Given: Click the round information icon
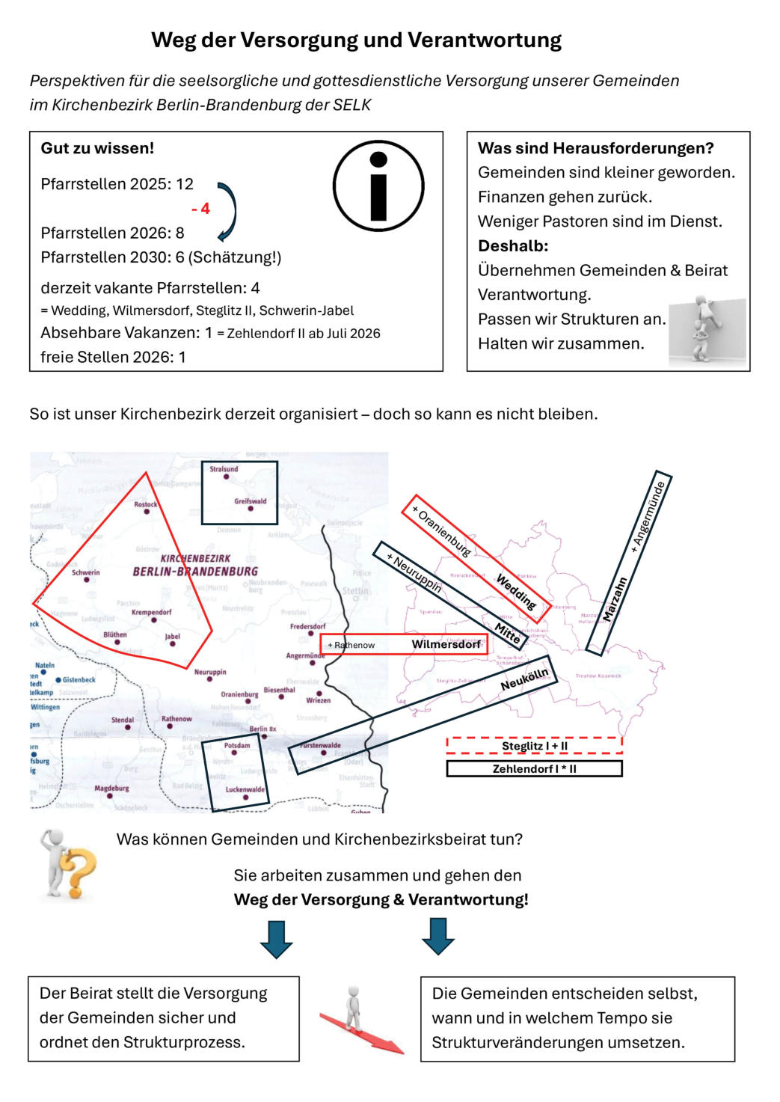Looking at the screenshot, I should click(378, 186).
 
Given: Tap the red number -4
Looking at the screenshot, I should click(200, 209).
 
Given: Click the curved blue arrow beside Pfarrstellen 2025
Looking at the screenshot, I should click(227, 212).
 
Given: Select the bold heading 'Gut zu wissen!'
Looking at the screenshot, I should click(97, 148).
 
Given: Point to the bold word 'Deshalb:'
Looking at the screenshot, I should click(513, 245).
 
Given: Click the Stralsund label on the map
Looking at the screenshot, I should click(224, 469).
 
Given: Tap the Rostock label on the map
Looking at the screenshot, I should click(146, 504).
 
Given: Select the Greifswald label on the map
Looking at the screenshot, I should click(250, 501).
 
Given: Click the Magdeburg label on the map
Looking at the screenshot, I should click(111, 788).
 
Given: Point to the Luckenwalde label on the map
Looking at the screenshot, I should click(245, 789).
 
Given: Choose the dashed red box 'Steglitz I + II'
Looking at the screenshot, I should click(534, 746).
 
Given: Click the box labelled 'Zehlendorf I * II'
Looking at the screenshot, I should click(534, 768).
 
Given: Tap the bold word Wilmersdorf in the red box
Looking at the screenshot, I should click(446, 644).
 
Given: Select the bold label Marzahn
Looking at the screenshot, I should click(615, 599).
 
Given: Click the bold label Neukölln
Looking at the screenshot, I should click(524, 679).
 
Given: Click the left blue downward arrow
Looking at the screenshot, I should click(276, 938).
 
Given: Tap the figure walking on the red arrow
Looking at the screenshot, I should click(353, 1008).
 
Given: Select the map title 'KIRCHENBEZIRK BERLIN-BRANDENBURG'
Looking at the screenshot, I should click(195, 566).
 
